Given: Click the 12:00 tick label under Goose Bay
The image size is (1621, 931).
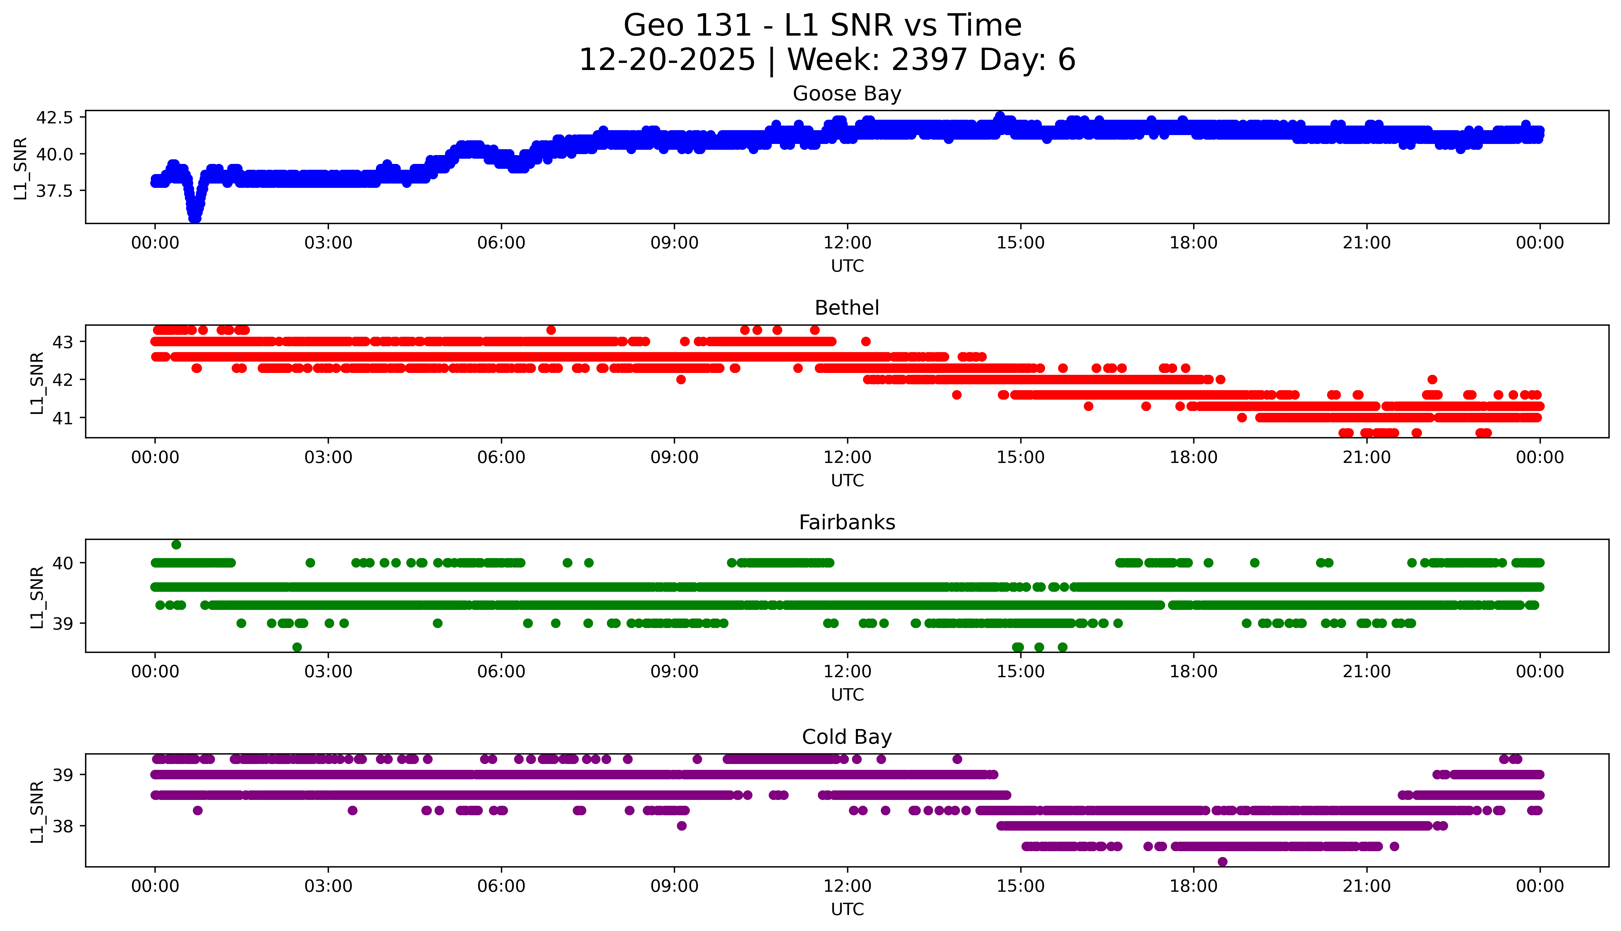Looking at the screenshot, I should [x=847, y=243].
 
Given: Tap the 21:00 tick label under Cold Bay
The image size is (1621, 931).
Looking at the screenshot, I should [x=1366, y=886].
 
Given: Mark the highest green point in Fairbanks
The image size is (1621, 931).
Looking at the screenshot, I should [x=176, y=545].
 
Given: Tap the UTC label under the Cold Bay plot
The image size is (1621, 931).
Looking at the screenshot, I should [x=847, y=909].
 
